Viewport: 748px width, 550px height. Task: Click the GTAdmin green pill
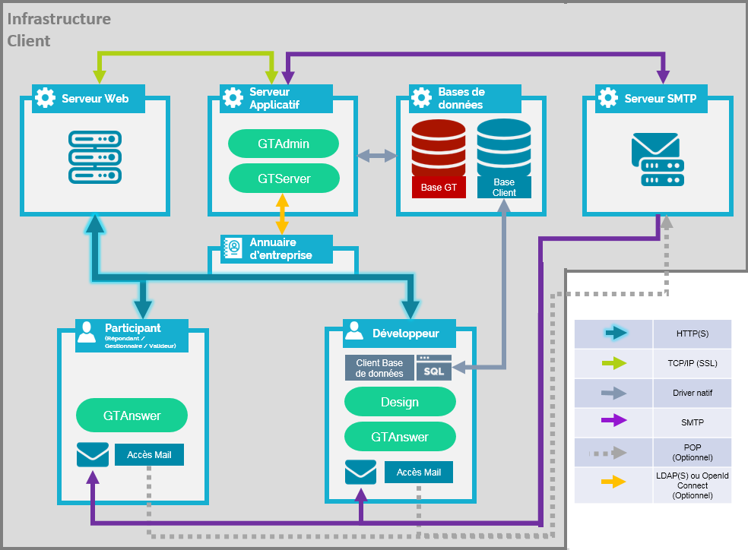pyautogui.click(x=284, y=144)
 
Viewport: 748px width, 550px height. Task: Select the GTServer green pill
pyautogui.click(x=284, y=179)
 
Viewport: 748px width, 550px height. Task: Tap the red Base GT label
pyautogui.click(x=439, y=188)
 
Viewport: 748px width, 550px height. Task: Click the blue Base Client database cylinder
pyautogui.click(x=504, y=147)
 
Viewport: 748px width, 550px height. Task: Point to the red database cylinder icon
pyautogui.click(x=439, y=148)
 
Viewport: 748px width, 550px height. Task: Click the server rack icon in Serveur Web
pyautogui.click(x=95, y=157)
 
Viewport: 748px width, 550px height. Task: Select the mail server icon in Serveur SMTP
pyautogui.click(x=658, y=160)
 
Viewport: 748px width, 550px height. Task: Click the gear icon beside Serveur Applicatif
pyautogui.click(x=233, y=97)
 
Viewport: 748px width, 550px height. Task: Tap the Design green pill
pyautogui.click(x=400, y=402)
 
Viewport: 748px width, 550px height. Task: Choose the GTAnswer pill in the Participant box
pyautogui.click(x=132, y=415)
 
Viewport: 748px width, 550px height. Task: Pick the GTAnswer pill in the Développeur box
pyautogui.click(x=400, y=437)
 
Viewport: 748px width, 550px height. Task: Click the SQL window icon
pyautogui.click(x=433, y=368)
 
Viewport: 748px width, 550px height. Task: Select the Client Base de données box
pyautogui.click(x=379, y=368)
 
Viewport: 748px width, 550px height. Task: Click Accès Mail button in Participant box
pyautogui.click(x=149, y=455)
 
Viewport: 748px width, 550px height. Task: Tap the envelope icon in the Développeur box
pyautogui.click(x=360, y=472)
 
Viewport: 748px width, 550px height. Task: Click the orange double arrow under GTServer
pyautogui.click(x=283, y=213)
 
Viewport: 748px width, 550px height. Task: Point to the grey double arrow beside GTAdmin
pyautogui.click(x=377, y=156)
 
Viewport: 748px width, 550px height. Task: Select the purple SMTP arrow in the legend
pyautogui.click(x=613, y=420)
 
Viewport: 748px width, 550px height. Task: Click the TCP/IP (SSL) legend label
pyautogui.click(x=693, y=363)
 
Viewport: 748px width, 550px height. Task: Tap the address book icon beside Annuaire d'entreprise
pyautogui.click(x=233, y=248)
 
